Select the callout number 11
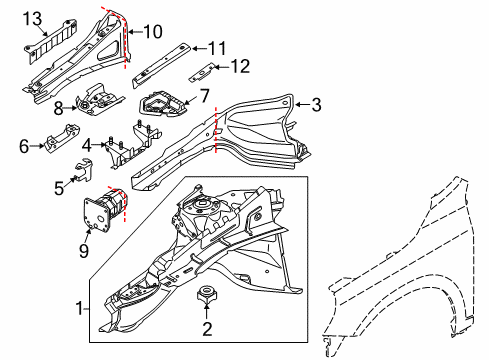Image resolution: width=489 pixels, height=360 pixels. tap(217, 47)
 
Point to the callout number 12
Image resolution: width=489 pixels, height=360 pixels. tap(241, 67)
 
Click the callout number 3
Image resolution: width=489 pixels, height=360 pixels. tap(316, 104)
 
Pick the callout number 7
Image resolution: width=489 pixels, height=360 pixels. tap(203, 96)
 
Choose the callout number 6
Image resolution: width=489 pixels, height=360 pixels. tap(25, 145)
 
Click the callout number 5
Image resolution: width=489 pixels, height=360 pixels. tap(59, 185)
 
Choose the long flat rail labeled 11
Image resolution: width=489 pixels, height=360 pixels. tap(160, 61)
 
